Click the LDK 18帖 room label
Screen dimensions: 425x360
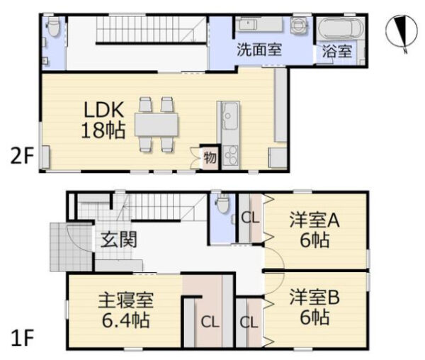[103, 120]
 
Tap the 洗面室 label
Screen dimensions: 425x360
[259, 50]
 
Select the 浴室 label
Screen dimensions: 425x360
[337, 51]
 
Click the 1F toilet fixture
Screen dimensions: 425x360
[222, 204]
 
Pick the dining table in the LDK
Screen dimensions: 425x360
[157, 125]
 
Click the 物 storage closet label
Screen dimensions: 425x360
[210, 157]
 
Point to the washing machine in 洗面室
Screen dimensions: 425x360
[299, 25]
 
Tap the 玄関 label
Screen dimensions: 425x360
[119, 240]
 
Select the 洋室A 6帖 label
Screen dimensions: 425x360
[314, 230]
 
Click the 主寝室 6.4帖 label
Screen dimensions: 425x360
[126, 310]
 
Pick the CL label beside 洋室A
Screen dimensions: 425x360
[251, 218]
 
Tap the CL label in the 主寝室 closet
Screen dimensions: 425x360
[210, 322]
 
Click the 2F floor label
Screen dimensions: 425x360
[22, 157]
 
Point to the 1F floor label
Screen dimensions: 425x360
[22, 338]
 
